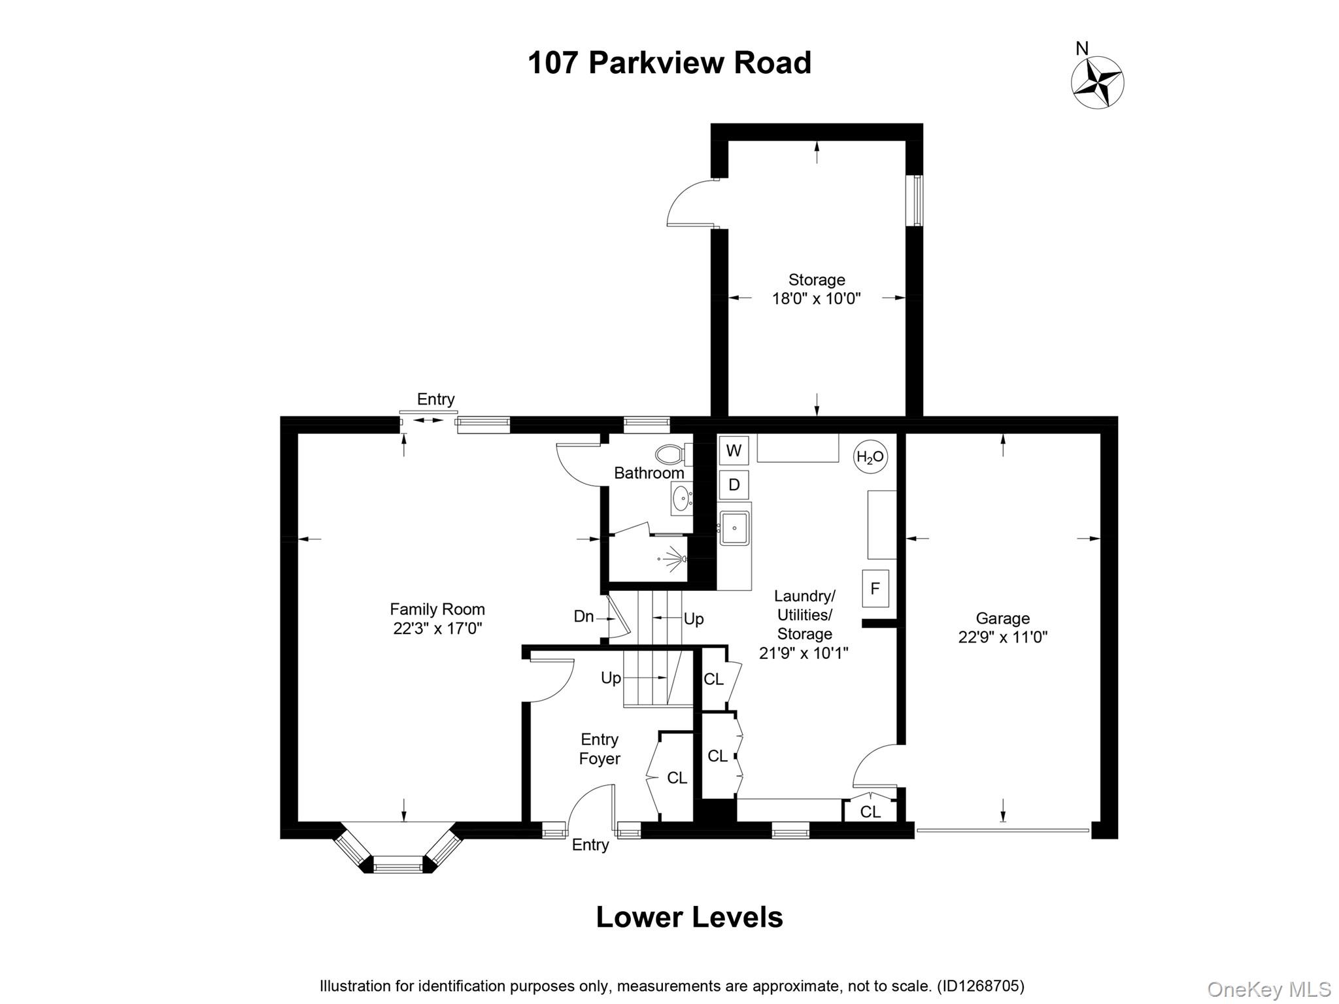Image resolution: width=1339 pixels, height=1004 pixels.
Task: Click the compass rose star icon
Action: [1098, 82]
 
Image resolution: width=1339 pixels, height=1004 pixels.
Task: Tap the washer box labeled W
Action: [734, 450]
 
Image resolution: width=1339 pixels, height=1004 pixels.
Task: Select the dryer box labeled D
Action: [734, 485]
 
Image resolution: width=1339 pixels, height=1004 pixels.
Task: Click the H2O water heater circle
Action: [870, 457]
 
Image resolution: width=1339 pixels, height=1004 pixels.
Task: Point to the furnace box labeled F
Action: [875, 588]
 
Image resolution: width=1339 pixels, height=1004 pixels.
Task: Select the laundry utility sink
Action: [734, 528]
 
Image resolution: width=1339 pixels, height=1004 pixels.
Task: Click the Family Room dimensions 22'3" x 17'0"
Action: [437, 629]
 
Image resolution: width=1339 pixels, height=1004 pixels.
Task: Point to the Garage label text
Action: [1002, 618]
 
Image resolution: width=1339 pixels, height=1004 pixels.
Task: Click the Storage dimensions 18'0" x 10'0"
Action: [816, 299]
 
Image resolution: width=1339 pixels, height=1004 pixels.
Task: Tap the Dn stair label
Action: [583, 616]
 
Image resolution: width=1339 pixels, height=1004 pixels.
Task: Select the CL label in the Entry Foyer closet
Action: [677, 778]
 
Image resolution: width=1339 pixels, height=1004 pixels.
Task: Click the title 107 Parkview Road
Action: [669, 63]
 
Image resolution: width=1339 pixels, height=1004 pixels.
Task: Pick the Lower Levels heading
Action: [689, 917]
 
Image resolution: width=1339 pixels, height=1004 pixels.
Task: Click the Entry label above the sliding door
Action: [435, 399]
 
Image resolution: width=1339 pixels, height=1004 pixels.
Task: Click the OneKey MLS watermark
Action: [1268, 990]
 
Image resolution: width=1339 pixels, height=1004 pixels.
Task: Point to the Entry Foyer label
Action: [600, 749]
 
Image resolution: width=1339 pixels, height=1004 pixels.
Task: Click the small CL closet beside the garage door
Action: [870, 811]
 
